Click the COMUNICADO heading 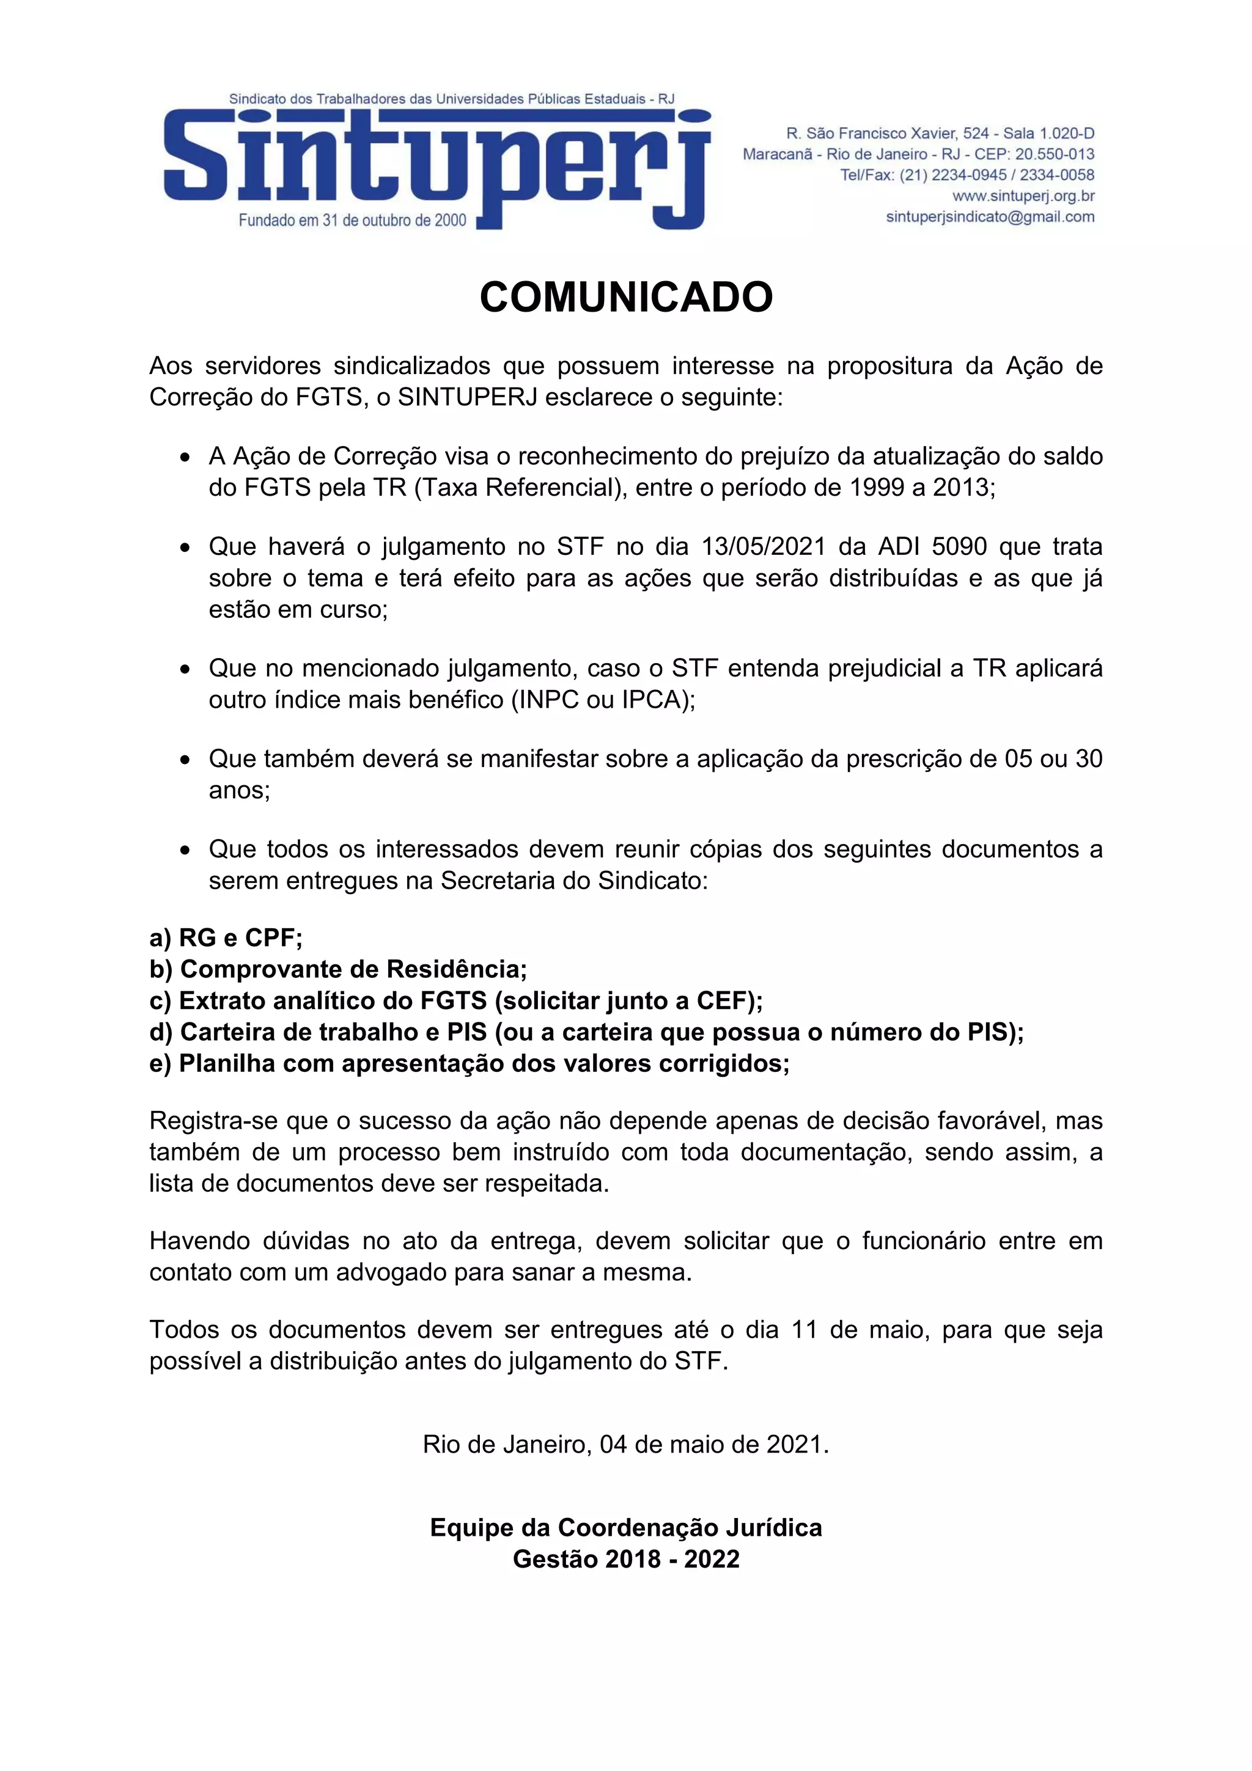coord(625,297)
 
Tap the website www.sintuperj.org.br coord(1023,196)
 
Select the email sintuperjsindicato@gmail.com coord(990,217)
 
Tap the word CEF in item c coord(724,1000)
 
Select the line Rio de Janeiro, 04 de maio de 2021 coord(625,1444)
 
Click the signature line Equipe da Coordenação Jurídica coord(625,1527)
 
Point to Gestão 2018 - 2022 coord(625,1559)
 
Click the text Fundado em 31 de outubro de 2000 coord(353,221)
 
